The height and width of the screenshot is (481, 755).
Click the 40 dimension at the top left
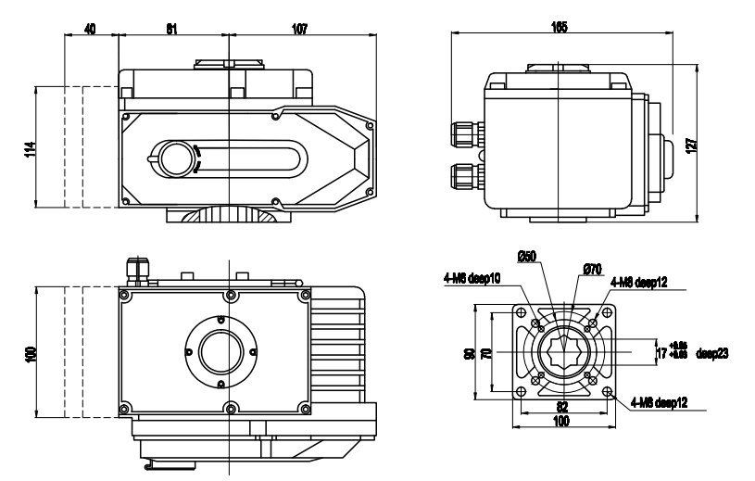tap(90, 29)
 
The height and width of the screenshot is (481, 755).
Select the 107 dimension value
tap(299, 29)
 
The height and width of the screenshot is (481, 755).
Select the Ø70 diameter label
tap(593, 268)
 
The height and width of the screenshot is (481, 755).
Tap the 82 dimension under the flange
tap(561, 407)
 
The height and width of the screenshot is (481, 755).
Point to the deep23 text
tap(711, 352)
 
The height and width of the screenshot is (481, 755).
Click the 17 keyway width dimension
tap(661, 353)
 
